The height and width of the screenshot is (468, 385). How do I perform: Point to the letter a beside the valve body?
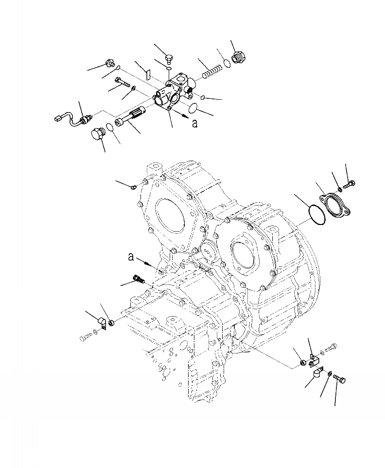click(x=195, y=123)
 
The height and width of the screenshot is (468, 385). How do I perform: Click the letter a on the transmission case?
click(x=130, y=257)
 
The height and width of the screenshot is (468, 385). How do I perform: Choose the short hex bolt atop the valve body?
click(x=169, y=59)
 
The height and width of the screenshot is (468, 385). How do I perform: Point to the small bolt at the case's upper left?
click(x=134, y=187)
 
